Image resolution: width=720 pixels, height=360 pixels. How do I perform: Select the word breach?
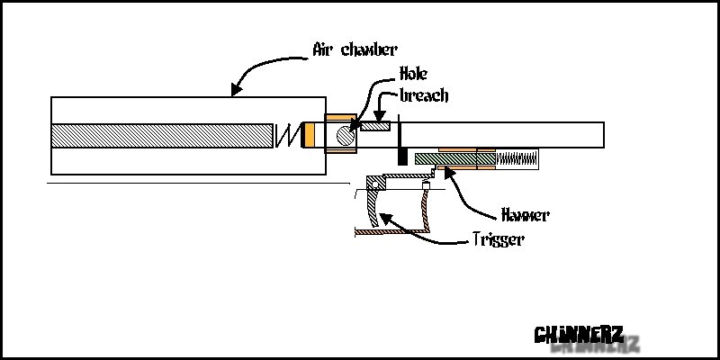pos(422,95)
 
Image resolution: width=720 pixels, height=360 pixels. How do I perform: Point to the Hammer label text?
pos(523,216)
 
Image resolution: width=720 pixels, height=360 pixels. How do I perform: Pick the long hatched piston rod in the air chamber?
pos(162,135)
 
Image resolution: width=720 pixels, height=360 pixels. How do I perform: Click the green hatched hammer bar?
pos(445,159)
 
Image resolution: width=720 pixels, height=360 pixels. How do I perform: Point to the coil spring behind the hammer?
pos(517,159)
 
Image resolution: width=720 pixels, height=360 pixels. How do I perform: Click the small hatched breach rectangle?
pos(374,128)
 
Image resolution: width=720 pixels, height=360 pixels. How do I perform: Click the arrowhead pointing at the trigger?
pos(382,217)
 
